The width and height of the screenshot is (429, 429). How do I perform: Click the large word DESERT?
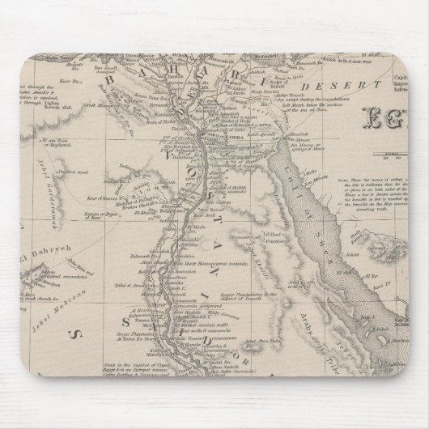pos(324,85)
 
